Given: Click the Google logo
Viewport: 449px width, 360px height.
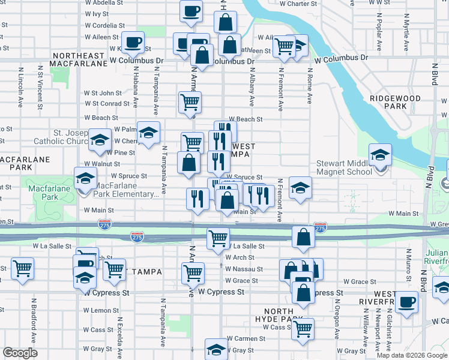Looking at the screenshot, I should (x=20, y=353).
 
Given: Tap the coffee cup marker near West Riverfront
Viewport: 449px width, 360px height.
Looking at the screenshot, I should (x=408, y=302).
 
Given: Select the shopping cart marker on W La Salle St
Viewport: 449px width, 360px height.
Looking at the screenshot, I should (x=218, y=238).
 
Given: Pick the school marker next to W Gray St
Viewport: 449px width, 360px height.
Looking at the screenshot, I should (x=216, y=350).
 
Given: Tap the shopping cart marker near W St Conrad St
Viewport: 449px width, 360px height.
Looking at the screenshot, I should (x=190, y=103).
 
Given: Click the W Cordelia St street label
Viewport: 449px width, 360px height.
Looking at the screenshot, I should (x=104, y=26).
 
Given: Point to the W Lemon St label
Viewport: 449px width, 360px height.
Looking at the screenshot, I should (x=101, y=311).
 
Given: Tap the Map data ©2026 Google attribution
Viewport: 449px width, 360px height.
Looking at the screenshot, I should (x=412, y=355).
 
